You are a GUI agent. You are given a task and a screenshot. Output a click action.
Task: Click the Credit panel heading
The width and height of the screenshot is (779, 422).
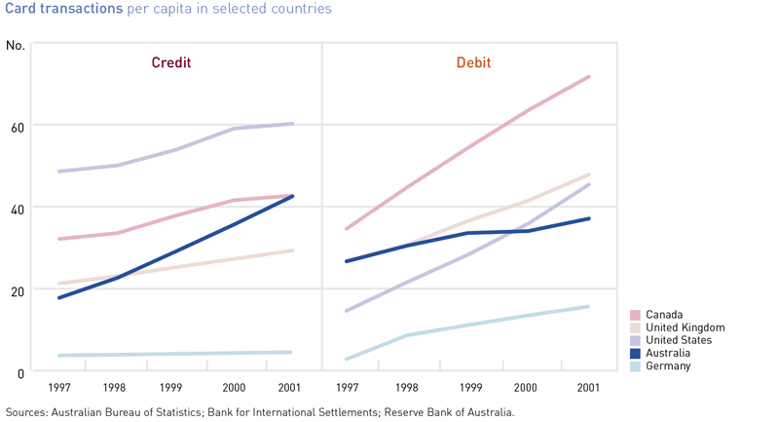[x=170, y=63]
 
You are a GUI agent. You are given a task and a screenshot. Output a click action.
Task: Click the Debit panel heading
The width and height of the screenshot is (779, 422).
[x=473, y=63]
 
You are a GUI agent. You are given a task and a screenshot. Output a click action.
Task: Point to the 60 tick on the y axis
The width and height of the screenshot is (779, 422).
[x=17, y=126]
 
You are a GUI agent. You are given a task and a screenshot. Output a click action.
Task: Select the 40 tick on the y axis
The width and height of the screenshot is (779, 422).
[x=17, y=208]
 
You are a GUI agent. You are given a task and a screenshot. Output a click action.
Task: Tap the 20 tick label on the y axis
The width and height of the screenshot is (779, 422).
[x=17, y=290]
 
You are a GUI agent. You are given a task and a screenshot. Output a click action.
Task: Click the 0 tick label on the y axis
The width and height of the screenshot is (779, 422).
[x=20, y=372]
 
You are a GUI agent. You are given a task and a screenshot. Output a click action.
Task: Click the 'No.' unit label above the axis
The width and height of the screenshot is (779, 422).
[x=16, y=46]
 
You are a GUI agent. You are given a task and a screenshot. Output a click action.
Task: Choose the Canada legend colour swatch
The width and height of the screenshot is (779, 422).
[x=635, y=315]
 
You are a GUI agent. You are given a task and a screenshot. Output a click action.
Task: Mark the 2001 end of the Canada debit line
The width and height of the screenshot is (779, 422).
[x=589, y=76]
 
